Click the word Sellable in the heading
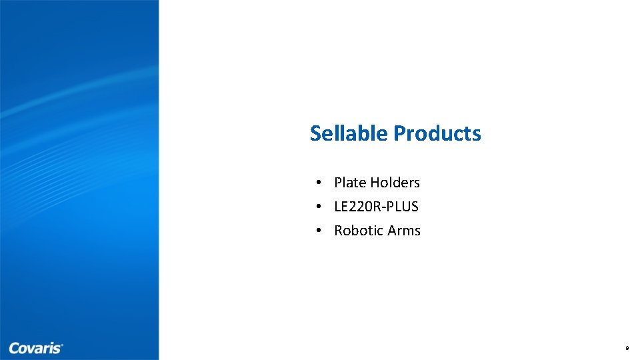click(349, 133)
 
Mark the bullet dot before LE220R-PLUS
click(320, 207)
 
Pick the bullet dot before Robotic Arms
click(320, 231)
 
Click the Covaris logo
click(36, 348)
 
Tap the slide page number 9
click(627, 349)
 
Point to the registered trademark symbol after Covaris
click(62, 345)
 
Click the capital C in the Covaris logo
click(14, 348)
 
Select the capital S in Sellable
click(315, 133)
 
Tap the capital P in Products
click(399, 133)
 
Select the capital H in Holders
click(375, 183)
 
